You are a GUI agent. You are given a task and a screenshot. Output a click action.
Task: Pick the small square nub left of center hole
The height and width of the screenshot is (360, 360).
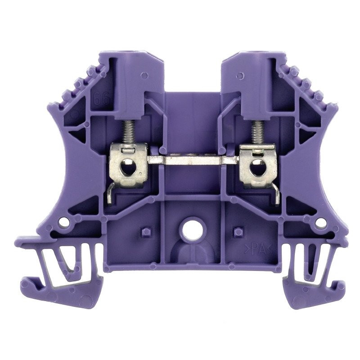pos(145,232)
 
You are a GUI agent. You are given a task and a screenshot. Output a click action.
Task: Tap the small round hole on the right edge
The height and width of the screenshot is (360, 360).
pos(320,222)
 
